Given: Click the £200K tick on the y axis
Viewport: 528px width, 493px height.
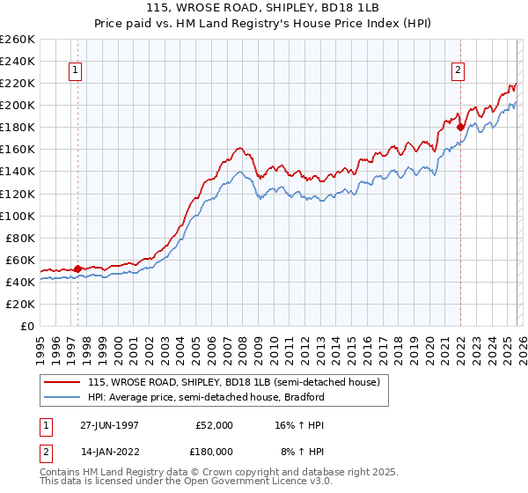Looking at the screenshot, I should pos(18,105).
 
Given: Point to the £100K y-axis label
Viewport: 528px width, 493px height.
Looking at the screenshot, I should pos(18,216).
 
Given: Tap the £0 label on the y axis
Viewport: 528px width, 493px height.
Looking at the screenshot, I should pos(26,326).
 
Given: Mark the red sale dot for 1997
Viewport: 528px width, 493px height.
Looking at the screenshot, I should pos(77,269).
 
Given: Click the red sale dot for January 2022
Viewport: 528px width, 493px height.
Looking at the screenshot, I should pos(460,127).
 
